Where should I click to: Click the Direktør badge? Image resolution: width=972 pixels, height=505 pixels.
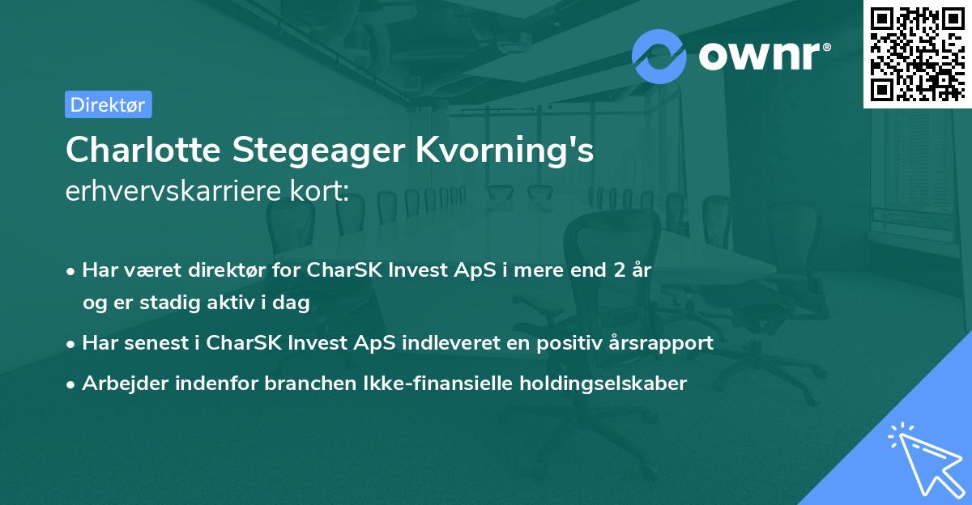109,104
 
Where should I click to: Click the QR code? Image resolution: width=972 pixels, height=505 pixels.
917,53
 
